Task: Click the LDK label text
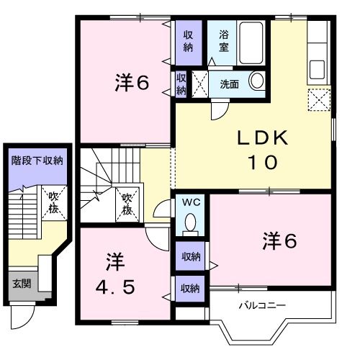tap(263, 138)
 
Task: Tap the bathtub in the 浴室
tap(251, 43)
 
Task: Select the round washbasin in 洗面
tap(257, 81)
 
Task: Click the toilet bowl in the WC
tap(191, 221)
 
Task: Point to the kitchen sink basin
tap(317, 69)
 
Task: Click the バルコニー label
tap(262, 305)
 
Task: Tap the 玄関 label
tap(22, 284)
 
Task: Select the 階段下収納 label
tap(37, 161)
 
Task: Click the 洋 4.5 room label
tap(115, 274)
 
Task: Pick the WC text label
tap(191, 202)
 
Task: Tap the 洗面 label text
tap(230, 84)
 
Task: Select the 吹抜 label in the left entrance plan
tap(53, 203)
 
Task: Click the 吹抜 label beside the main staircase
tap(127, 204)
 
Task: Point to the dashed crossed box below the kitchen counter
tap(319, 100)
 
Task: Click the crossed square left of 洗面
tap(199, 84)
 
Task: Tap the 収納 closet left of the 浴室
tap(189, 42)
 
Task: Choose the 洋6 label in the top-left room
tap(132, 82)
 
